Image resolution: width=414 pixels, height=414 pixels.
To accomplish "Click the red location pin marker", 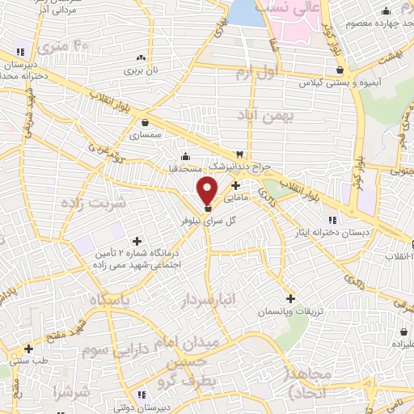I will (208, 190).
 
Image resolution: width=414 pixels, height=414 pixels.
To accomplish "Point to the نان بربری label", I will (142, 71).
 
